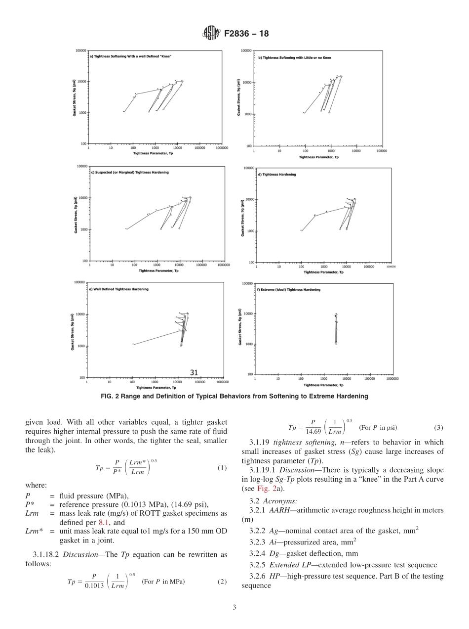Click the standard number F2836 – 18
click(x=246, y=34)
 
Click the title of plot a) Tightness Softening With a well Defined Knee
click(x=130, y=56)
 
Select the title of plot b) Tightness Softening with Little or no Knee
click(x=295, y=57)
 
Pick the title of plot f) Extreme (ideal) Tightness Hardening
click(x=288, y=289)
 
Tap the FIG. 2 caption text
click(x=234, y=396)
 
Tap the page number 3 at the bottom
click(x=234, y=607)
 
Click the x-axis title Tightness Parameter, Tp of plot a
click(x=153, y=154)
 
